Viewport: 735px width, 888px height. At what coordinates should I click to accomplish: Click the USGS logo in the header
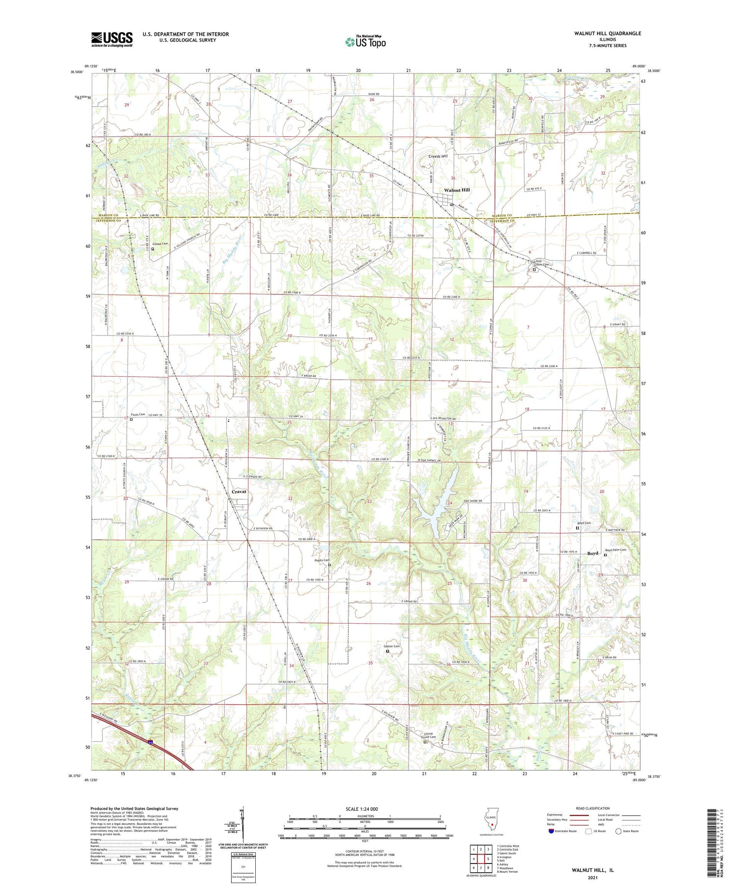pos(112,39)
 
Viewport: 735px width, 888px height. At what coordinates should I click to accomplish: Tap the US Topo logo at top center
pos(365,42)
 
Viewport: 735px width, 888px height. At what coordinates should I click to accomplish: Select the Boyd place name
pos(593,553)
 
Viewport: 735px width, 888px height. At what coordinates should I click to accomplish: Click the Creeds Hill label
pos(438,156)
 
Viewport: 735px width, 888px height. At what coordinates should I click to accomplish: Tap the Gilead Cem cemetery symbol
pos(152,249)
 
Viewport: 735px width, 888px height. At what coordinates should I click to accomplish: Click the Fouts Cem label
pos(139,414)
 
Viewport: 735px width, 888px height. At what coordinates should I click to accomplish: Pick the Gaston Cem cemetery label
pos(392,646)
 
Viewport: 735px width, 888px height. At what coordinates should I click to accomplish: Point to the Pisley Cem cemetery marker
pos(329,565)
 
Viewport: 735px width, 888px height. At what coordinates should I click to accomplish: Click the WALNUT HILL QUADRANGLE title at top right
pos(608,33)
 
